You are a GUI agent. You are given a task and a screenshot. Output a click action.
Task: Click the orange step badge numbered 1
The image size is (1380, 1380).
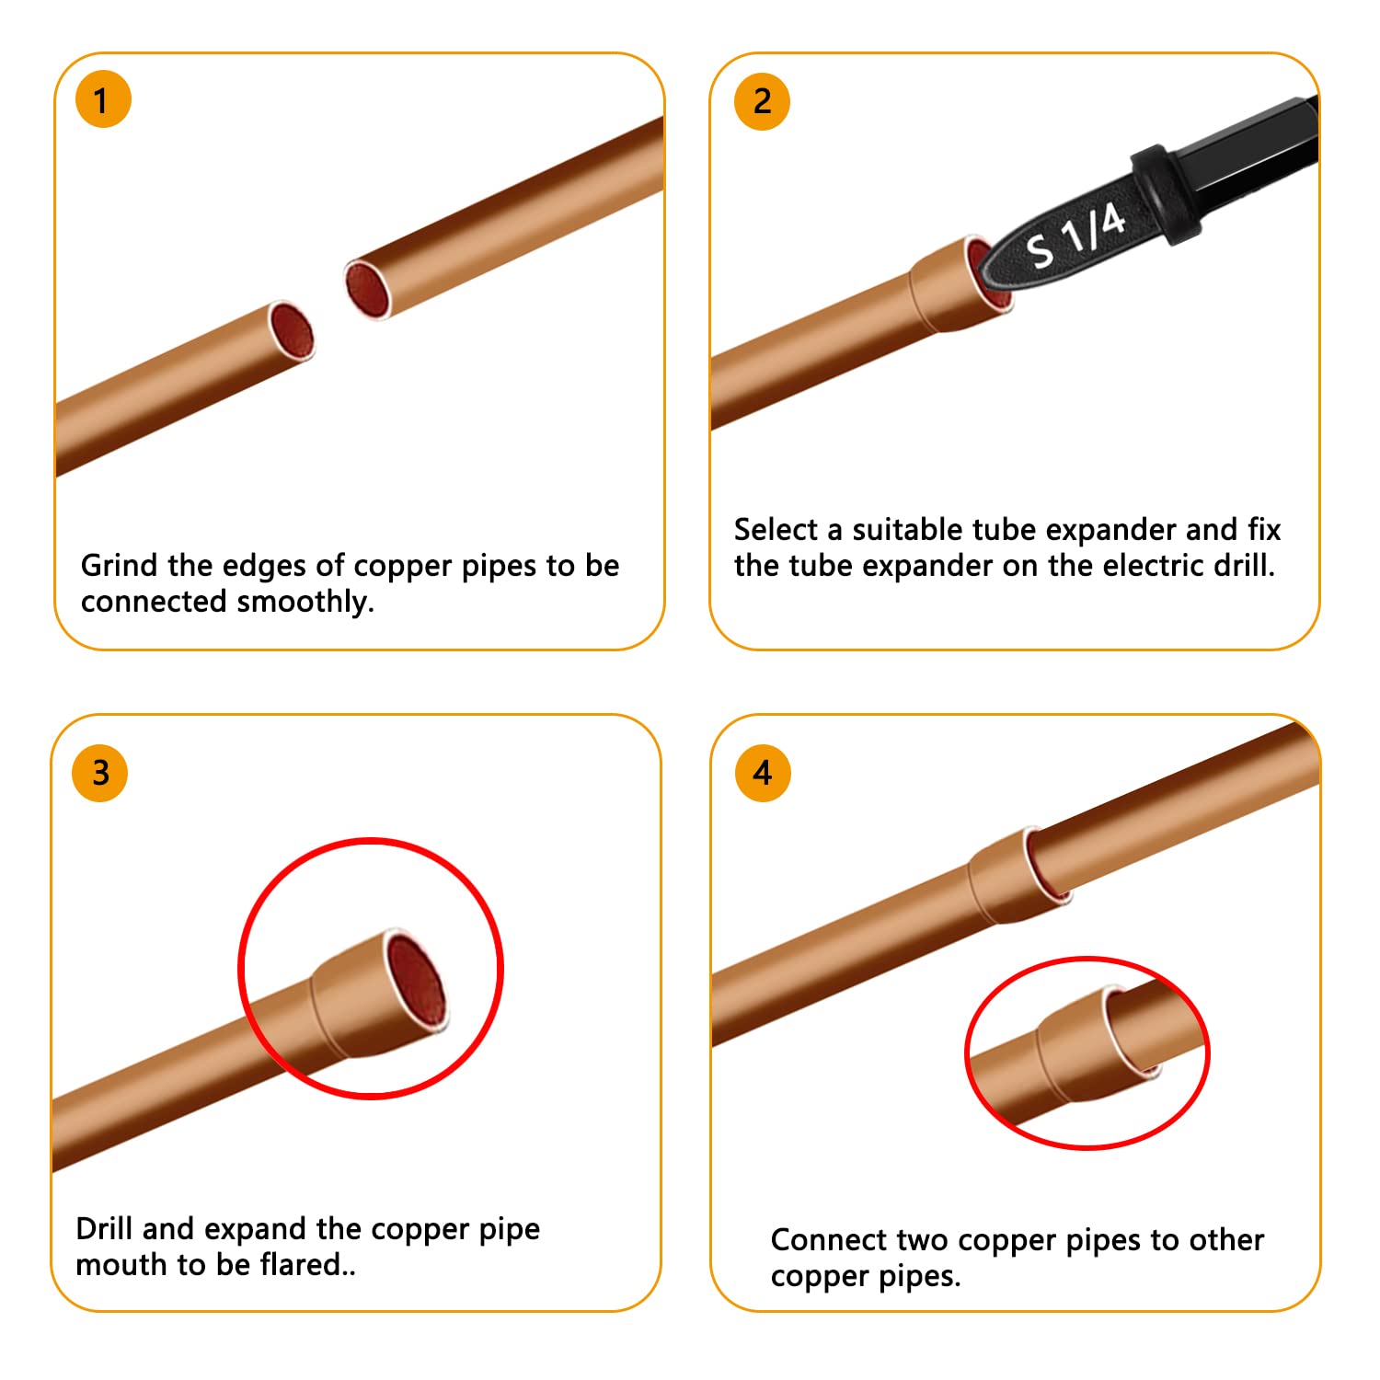(x=103, y=99)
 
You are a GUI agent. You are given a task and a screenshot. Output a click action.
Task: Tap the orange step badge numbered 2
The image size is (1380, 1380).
(x=762, y=101)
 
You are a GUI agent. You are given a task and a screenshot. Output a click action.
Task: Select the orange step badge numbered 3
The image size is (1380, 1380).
(x=100, y=773)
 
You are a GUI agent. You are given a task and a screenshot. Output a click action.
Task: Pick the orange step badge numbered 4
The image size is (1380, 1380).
(x=763, y=773)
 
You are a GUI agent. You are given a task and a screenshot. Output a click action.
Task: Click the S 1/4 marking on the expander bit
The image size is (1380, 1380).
(x=1075, y=236)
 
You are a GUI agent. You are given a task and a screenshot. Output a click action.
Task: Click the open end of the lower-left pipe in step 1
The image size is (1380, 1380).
(x=292, y=331)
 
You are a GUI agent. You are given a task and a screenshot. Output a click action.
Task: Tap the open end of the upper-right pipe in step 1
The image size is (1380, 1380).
(x=368, y=289)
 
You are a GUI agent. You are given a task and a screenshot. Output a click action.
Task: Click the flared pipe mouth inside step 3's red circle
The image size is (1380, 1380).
(x=416, y=981)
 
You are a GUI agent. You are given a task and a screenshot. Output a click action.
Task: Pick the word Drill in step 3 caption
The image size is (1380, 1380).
(x=105, y=1229)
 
